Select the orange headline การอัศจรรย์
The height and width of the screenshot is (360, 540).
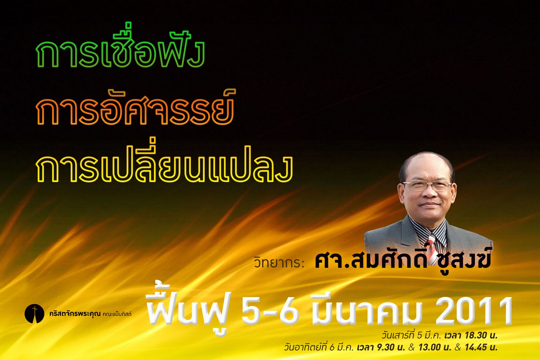135,107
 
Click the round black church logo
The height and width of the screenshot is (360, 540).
35,314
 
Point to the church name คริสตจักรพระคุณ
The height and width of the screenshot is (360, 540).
75,314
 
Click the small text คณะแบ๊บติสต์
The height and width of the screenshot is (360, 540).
117,314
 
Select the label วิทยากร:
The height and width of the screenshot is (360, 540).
279,263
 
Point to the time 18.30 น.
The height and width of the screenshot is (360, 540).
480,335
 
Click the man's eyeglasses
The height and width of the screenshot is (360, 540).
427,186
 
